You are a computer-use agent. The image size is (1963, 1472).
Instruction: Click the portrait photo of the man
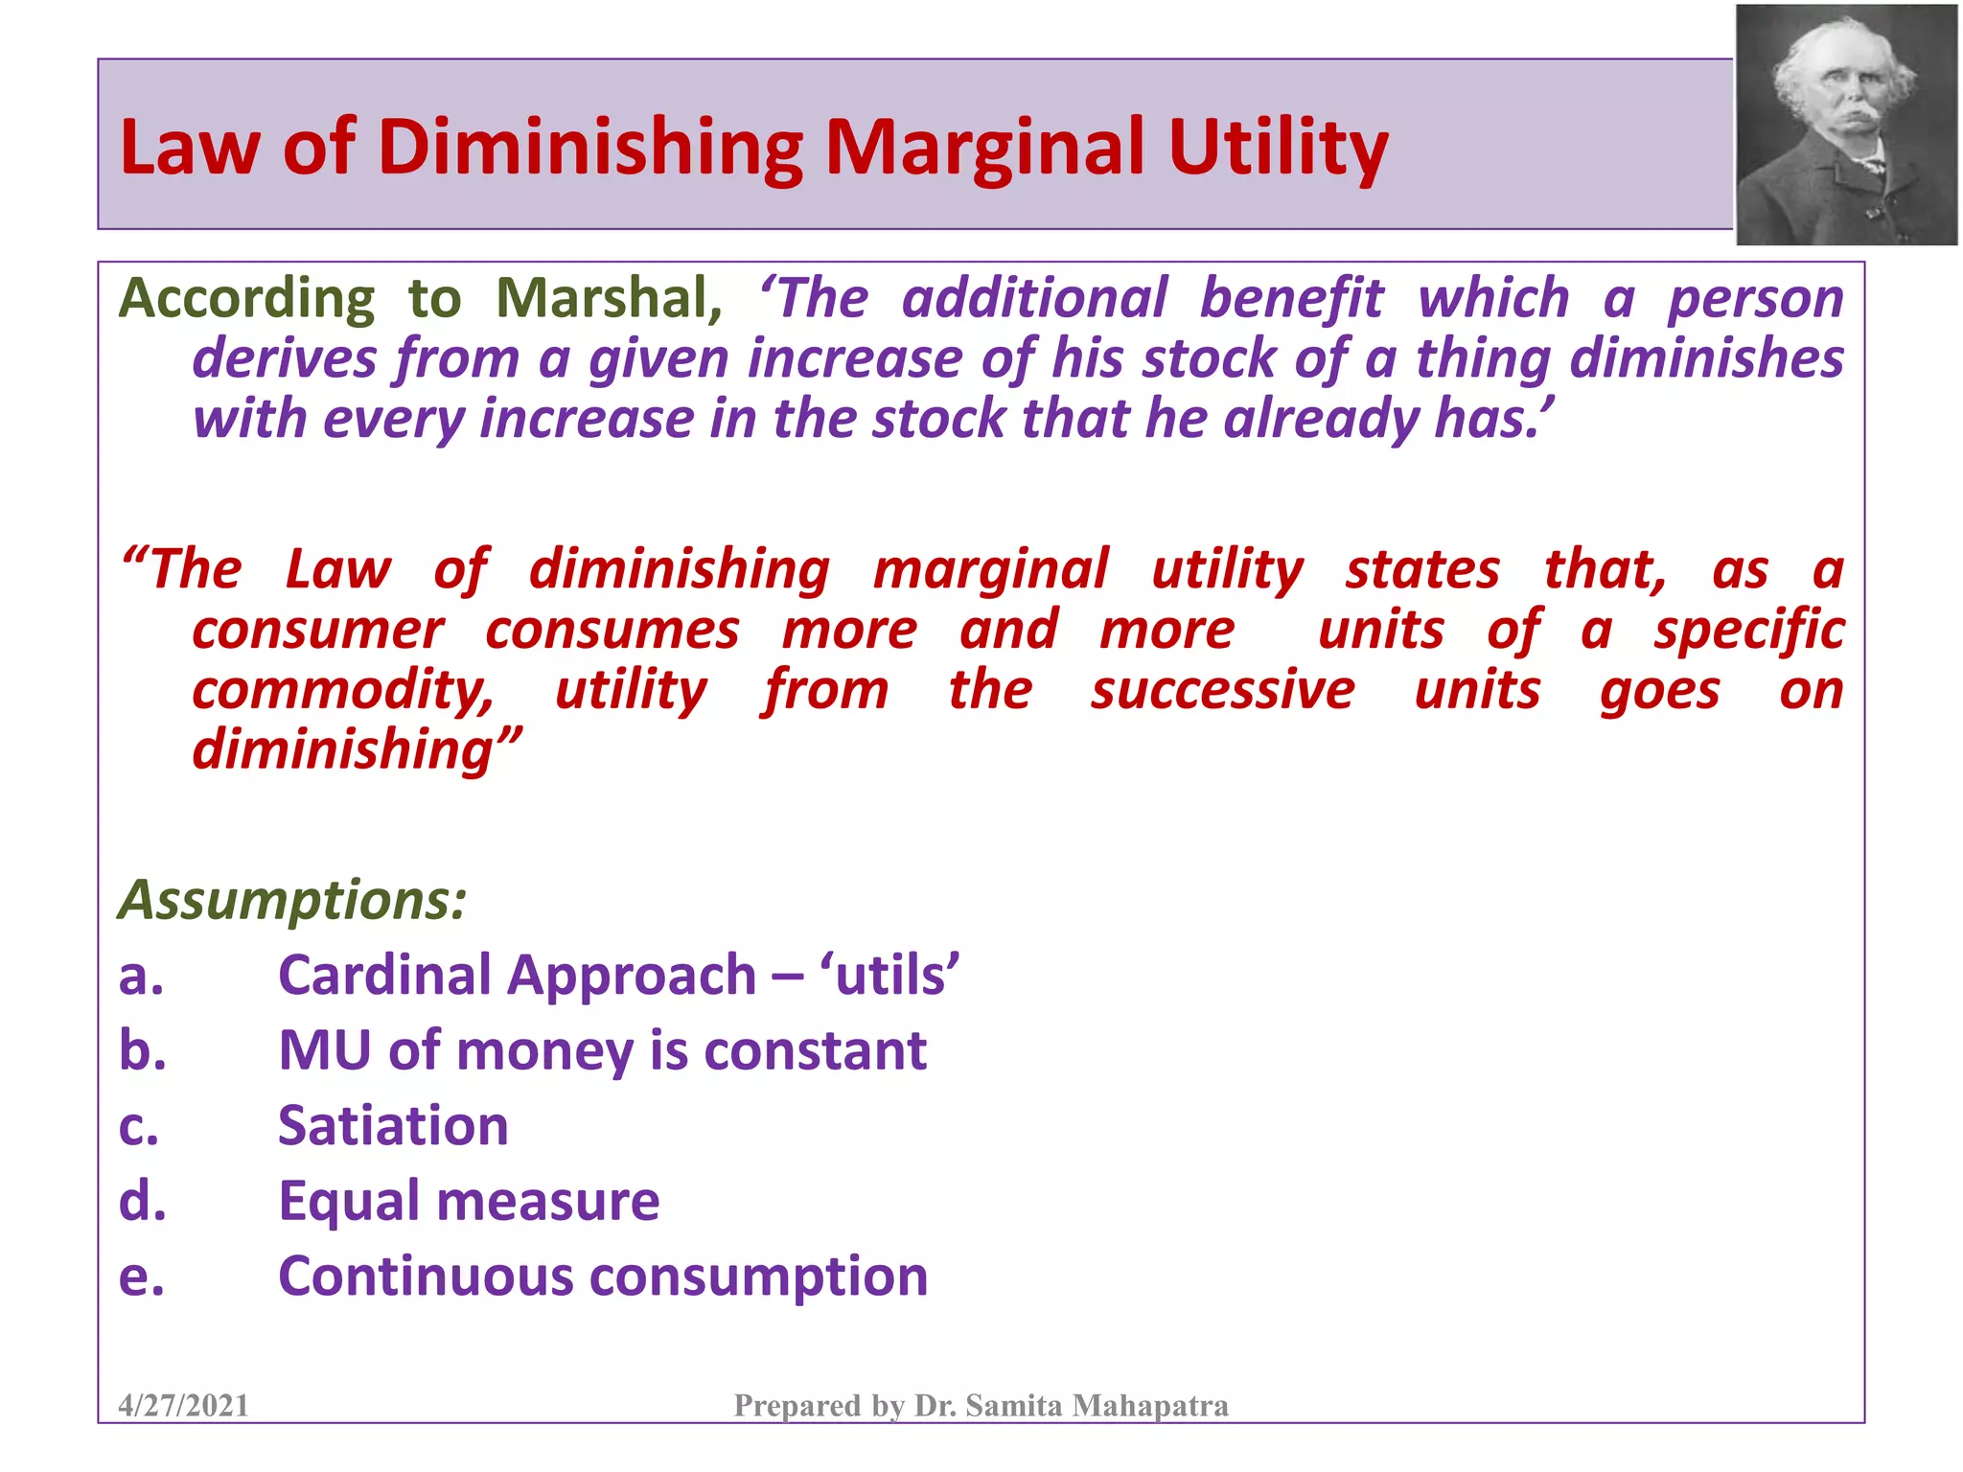[x=1846, y=125]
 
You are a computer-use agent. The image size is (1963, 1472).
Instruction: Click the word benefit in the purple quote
[x=1291, y=298]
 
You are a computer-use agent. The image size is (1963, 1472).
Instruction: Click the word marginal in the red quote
[x=990, y=569]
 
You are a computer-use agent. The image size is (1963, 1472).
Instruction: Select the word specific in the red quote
[x=1748, y=630]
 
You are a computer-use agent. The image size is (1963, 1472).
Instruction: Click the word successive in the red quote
[x=1222, y=690]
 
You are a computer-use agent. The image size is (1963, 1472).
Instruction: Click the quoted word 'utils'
[x=889, y=976]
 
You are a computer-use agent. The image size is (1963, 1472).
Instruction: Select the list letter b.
[x=142, y=1050]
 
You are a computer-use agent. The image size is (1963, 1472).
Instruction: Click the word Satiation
[x=393, y=1125]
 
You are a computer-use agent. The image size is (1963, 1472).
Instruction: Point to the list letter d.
[x=142, y=1201]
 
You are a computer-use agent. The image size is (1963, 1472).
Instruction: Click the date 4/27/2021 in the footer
[x=183, y=1405]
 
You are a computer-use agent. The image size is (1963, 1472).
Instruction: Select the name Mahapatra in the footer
[x=1149, y=1405]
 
